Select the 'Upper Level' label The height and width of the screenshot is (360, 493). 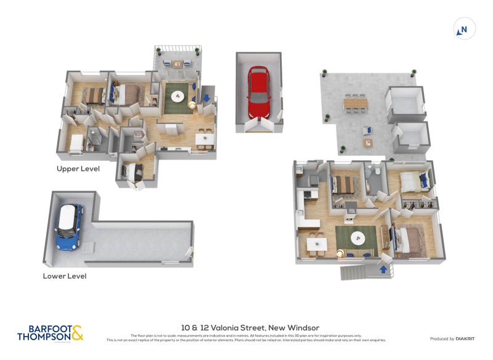click(x=78, y=168)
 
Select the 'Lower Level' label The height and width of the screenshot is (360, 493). click(x=65, y=276)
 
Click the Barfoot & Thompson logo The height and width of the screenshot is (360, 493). click(x=50, y=333)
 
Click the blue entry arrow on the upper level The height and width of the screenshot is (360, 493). click(x=206, y=97)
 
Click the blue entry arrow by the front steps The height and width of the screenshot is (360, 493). click(x=384, y=269)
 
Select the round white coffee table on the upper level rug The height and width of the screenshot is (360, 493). click(x=178, y=96)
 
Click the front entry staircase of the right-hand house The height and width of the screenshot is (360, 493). click(x=355, y=272)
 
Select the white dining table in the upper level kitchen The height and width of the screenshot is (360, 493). click(x=205, y=139)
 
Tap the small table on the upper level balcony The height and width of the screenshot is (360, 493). click(x=177, y=63)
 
